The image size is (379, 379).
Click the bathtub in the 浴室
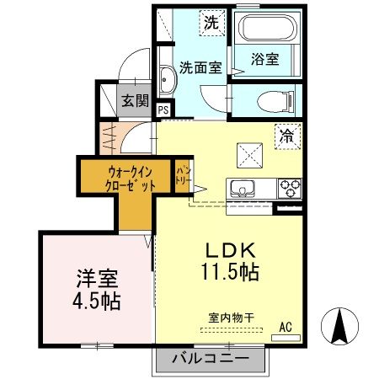(x=264, y=31)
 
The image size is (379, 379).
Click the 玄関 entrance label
(x=134, y=100)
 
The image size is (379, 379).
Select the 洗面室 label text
(x=200, y=67)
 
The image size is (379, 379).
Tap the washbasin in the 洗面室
(x=165, y=82)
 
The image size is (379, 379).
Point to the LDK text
(x=227, y=251)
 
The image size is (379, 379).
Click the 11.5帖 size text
(x=227, y=273)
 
